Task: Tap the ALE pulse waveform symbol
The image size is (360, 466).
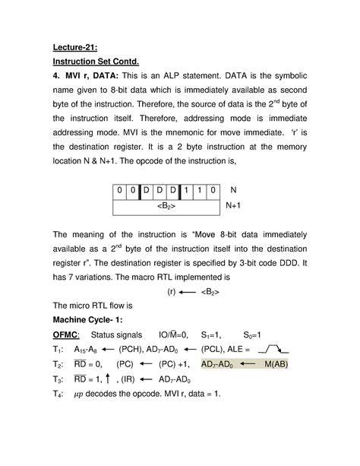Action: (x=273, y=349)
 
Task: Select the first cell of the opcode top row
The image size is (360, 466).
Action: (x=120, y=189)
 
